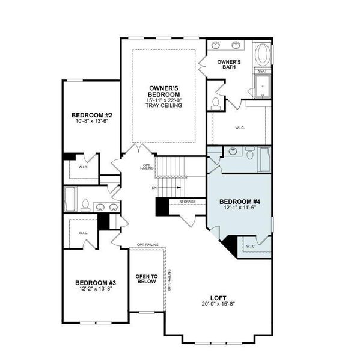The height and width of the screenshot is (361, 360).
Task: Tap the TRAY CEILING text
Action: click(164, 106)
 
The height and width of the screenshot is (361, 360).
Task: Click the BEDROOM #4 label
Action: click(238, 201)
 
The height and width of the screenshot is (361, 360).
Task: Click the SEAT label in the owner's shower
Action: click(262, 71)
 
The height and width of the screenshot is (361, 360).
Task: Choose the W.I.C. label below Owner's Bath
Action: click(239, 127)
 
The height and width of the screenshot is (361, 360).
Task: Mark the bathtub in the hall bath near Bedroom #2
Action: click(70, 199)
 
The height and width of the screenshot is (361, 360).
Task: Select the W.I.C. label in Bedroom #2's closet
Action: click(83, 167)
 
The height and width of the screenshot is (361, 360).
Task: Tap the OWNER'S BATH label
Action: click(229, 64)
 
